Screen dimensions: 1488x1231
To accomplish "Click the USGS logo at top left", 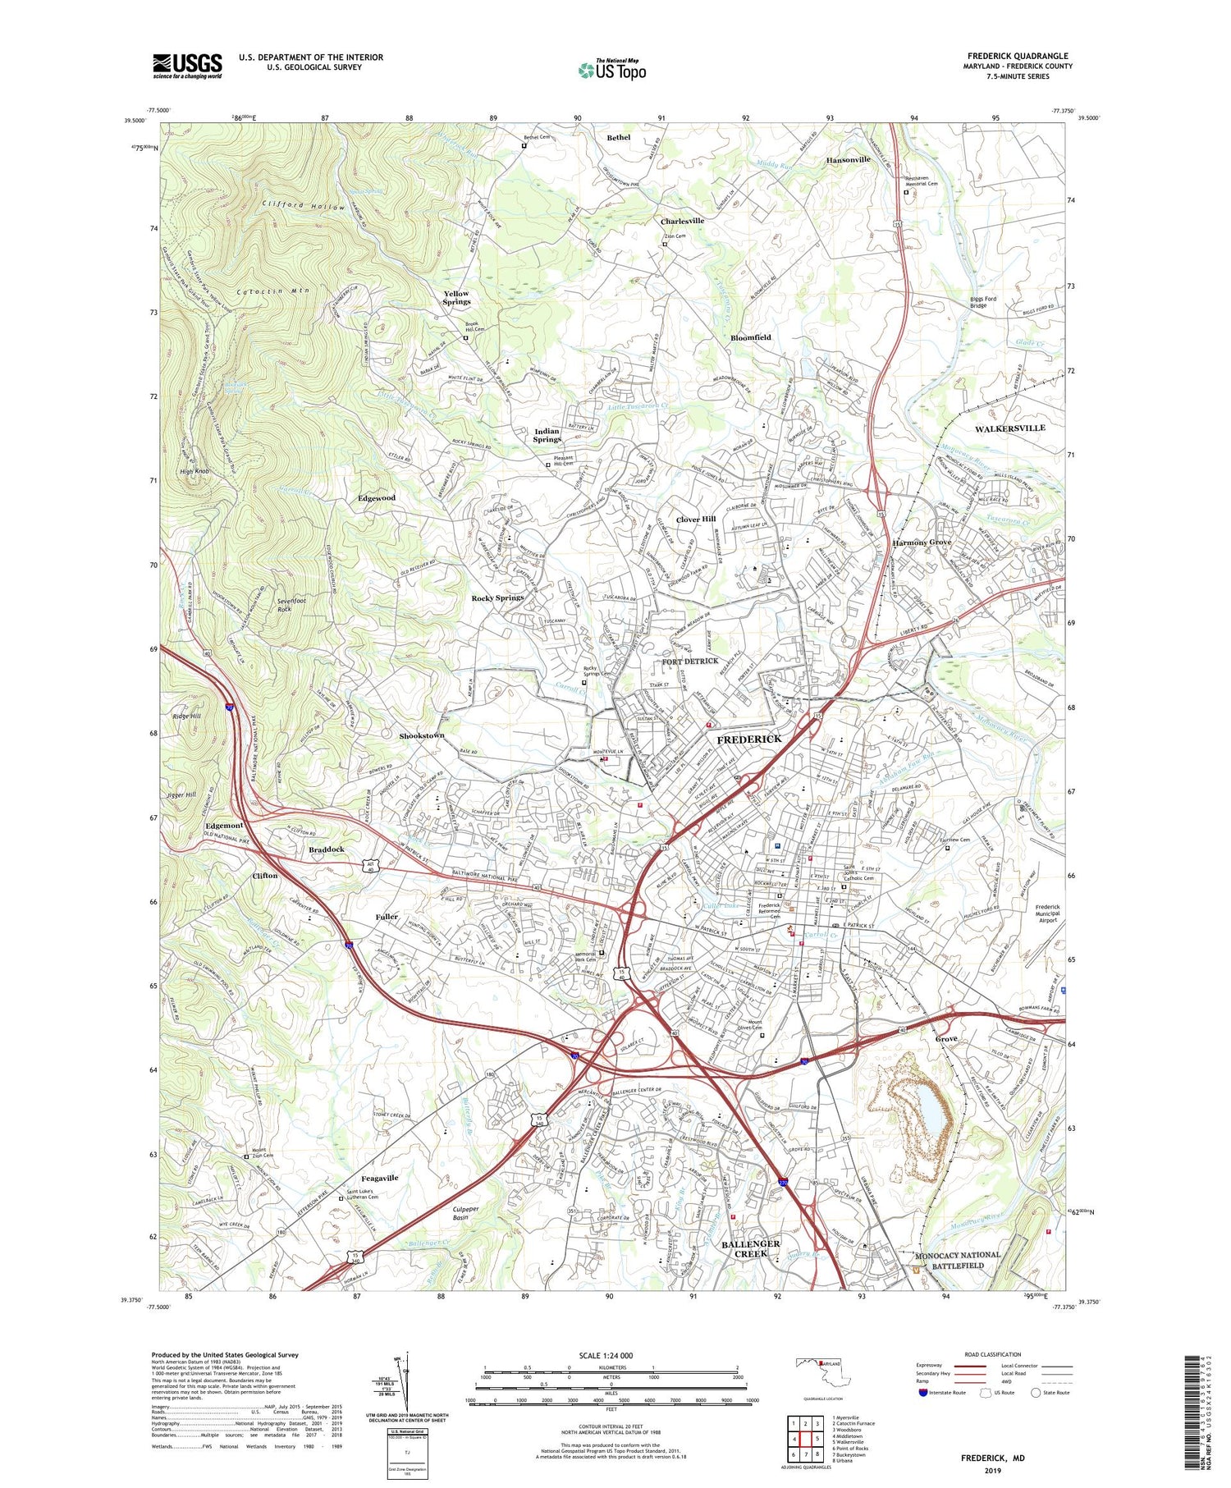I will tap(187, 66).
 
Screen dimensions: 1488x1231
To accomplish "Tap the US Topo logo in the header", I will tap(611, 70).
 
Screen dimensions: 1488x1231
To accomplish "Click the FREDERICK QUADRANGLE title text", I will tap(1017, 56).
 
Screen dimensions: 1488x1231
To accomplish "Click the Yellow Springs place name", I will tap(456, 297).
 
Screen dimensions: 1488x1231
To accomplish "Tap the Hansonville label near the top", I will tap(848, 160).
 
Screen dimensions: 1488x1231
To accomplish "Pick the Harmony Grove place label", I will tap(922, 543).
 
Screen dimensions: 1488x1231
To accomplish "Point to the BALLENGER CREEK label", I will tap(750, 1248).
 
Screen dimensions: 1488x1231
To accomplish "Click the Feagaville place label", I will tap(380, 1178).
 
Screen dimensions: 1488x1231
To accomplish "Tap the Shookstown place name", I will tap(422, 735).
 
